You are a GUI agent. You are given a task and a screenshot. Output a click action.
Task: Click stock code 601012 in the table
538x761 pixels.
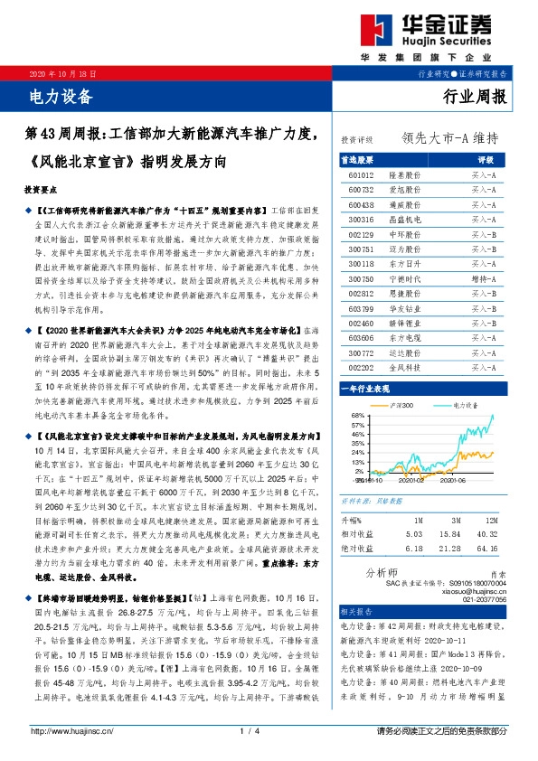point(360,174)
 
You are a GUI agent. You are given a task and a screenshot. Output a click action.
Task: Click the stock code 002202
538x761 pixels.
point(360,367)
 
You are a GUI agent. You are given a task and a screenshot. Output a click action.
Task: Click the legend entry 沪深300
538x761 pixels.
point(402,404)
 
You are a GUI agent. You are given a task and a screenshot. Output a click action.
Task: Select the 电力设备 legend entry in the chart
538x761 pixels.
point(467,404)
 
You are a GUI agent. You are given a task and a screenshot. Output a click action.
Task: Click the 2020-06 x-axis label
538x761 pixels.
point(452,481)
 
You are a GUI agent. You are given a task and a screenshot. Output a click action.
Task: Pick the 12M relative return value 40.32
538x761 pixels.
point(495,533)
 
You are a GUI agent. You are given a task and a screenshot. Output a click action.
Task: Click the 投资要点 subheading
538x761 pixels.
point(41,191)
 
